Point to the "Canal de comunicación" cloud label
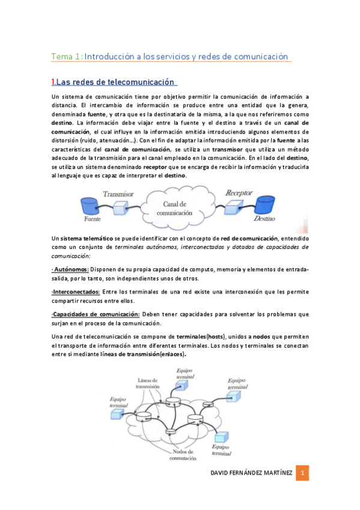point(175,209)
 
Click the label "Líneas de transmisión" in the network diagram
point(147,383)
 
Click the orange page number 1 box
point(304,473)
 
